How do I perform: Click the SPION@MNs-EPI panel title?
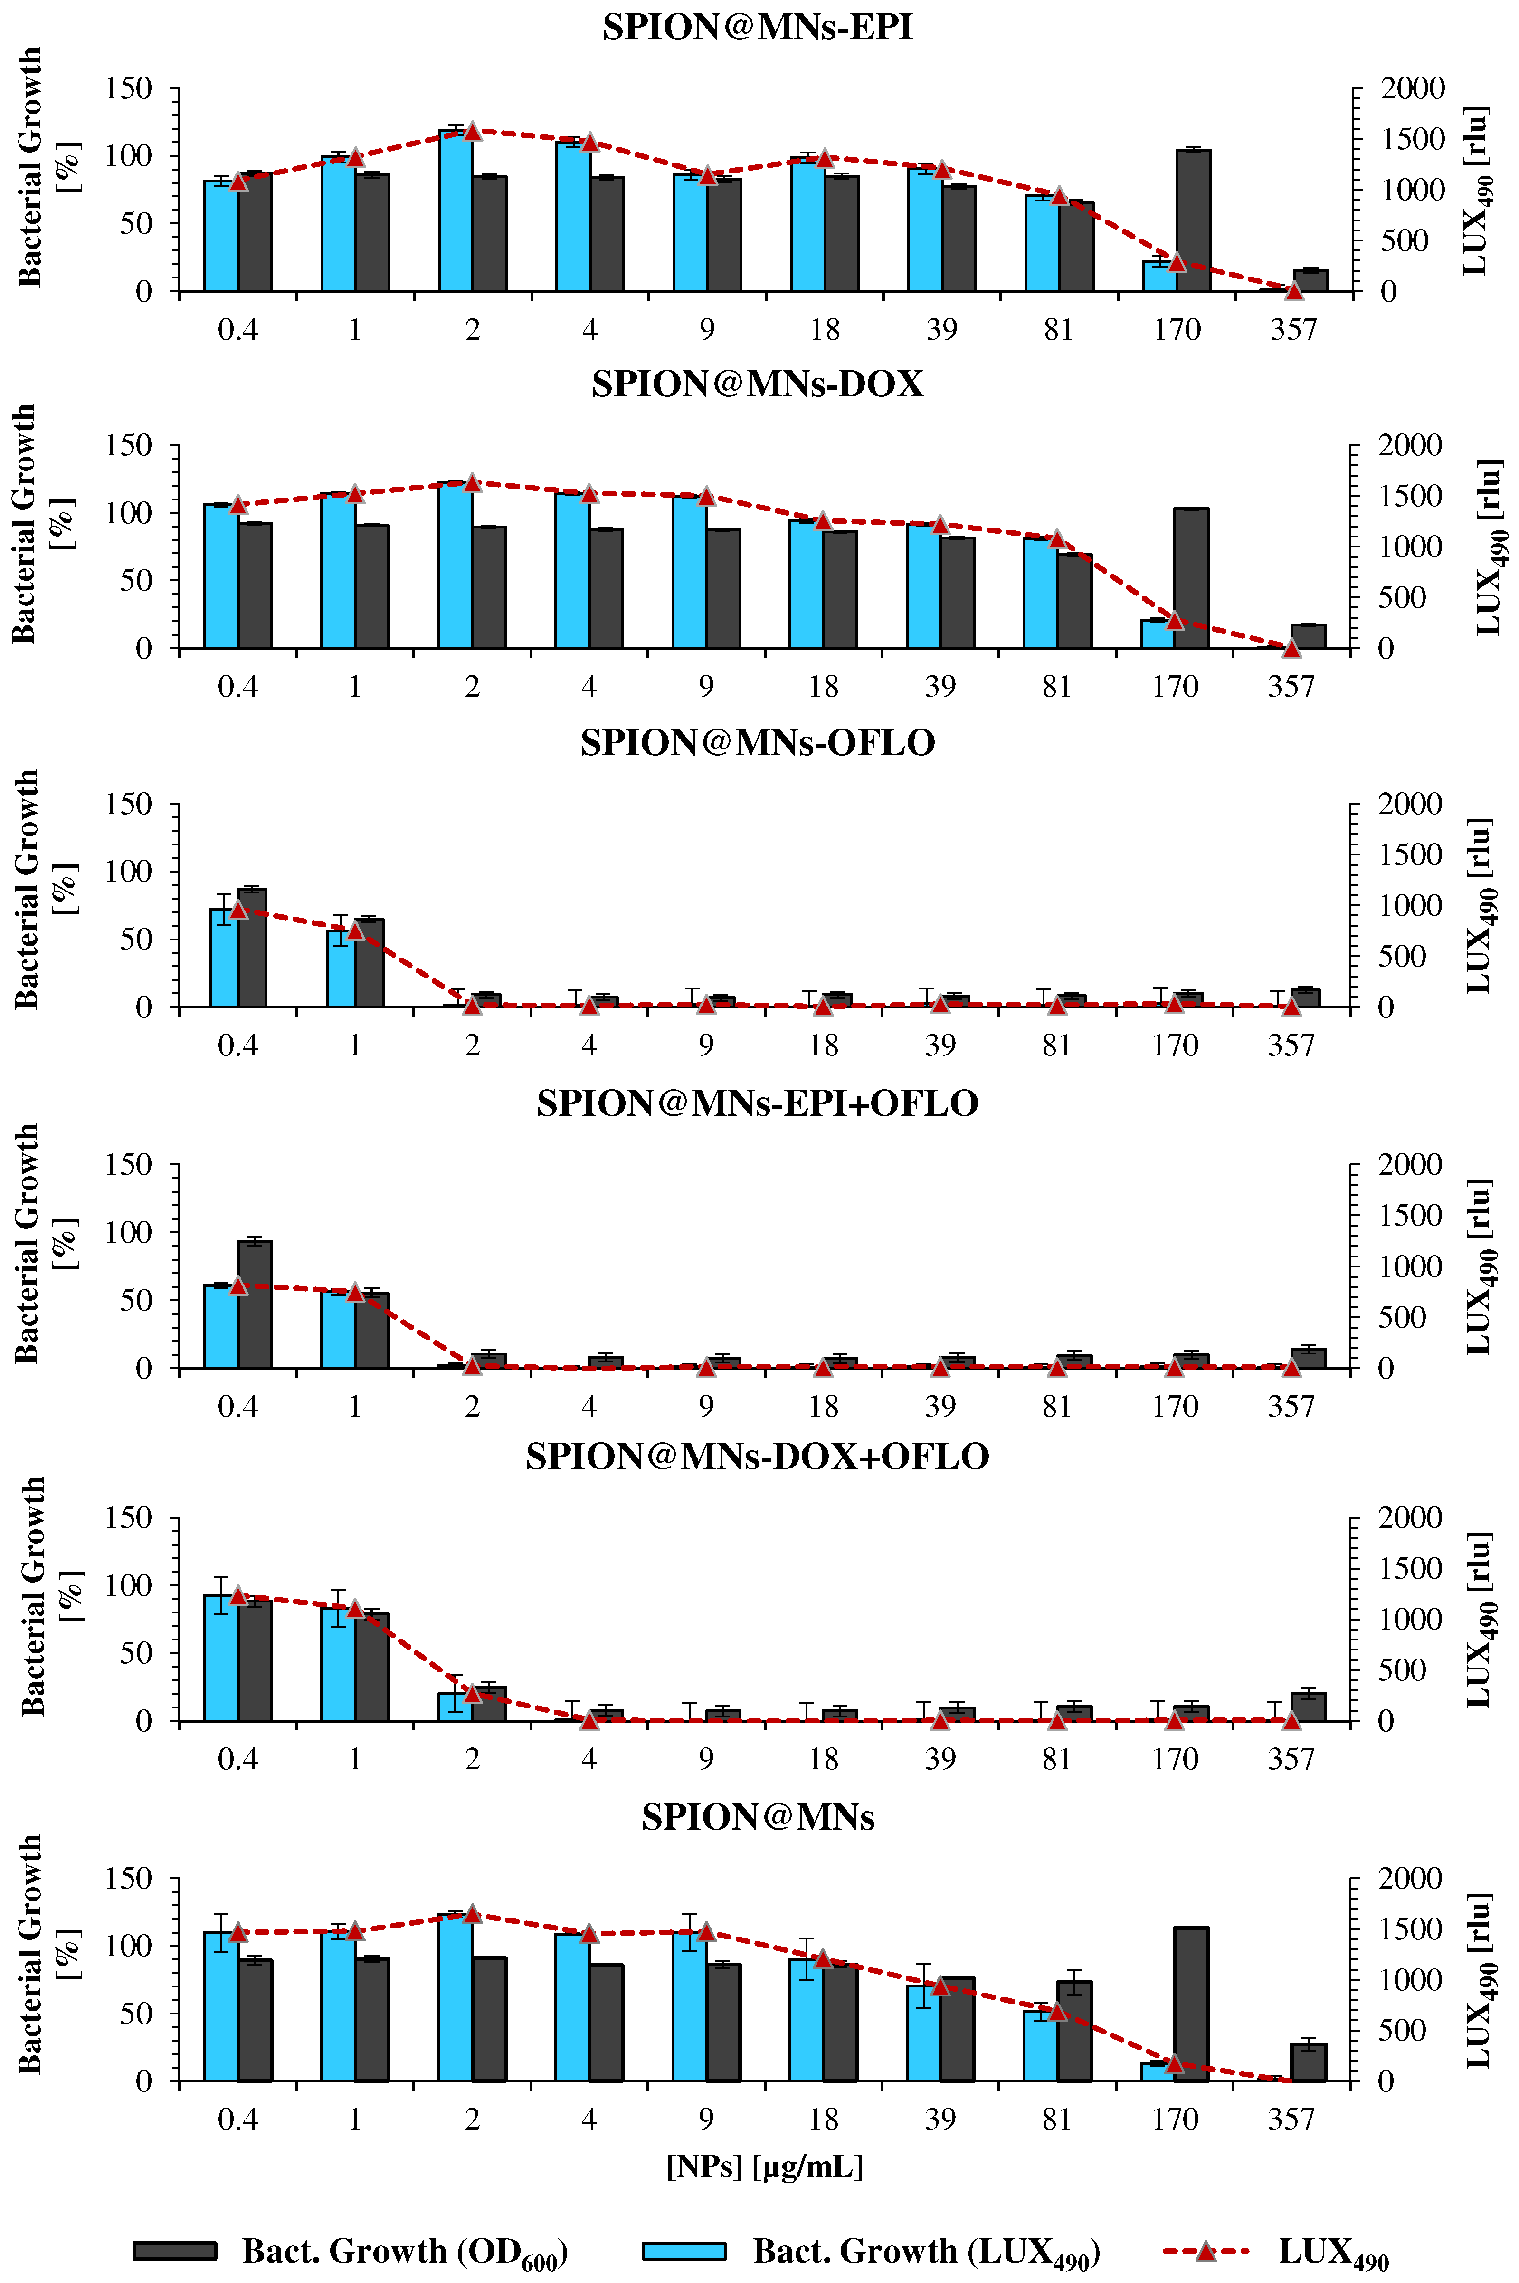[758, 27]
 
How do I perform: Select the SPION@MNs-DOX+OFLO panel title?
[758, 1457]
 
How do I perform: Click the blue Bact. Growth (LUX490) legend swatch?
[684, 2250]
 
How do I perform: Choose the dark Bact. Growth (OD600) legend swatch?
[175, 2250]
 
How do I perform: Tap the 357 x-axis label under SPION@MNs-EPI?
[1293, 330]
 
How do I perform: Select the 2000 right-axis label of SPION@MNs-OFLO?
[1410, 804]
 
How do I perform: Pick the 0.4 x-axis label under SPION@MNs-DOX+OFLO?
[237, 1759]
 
